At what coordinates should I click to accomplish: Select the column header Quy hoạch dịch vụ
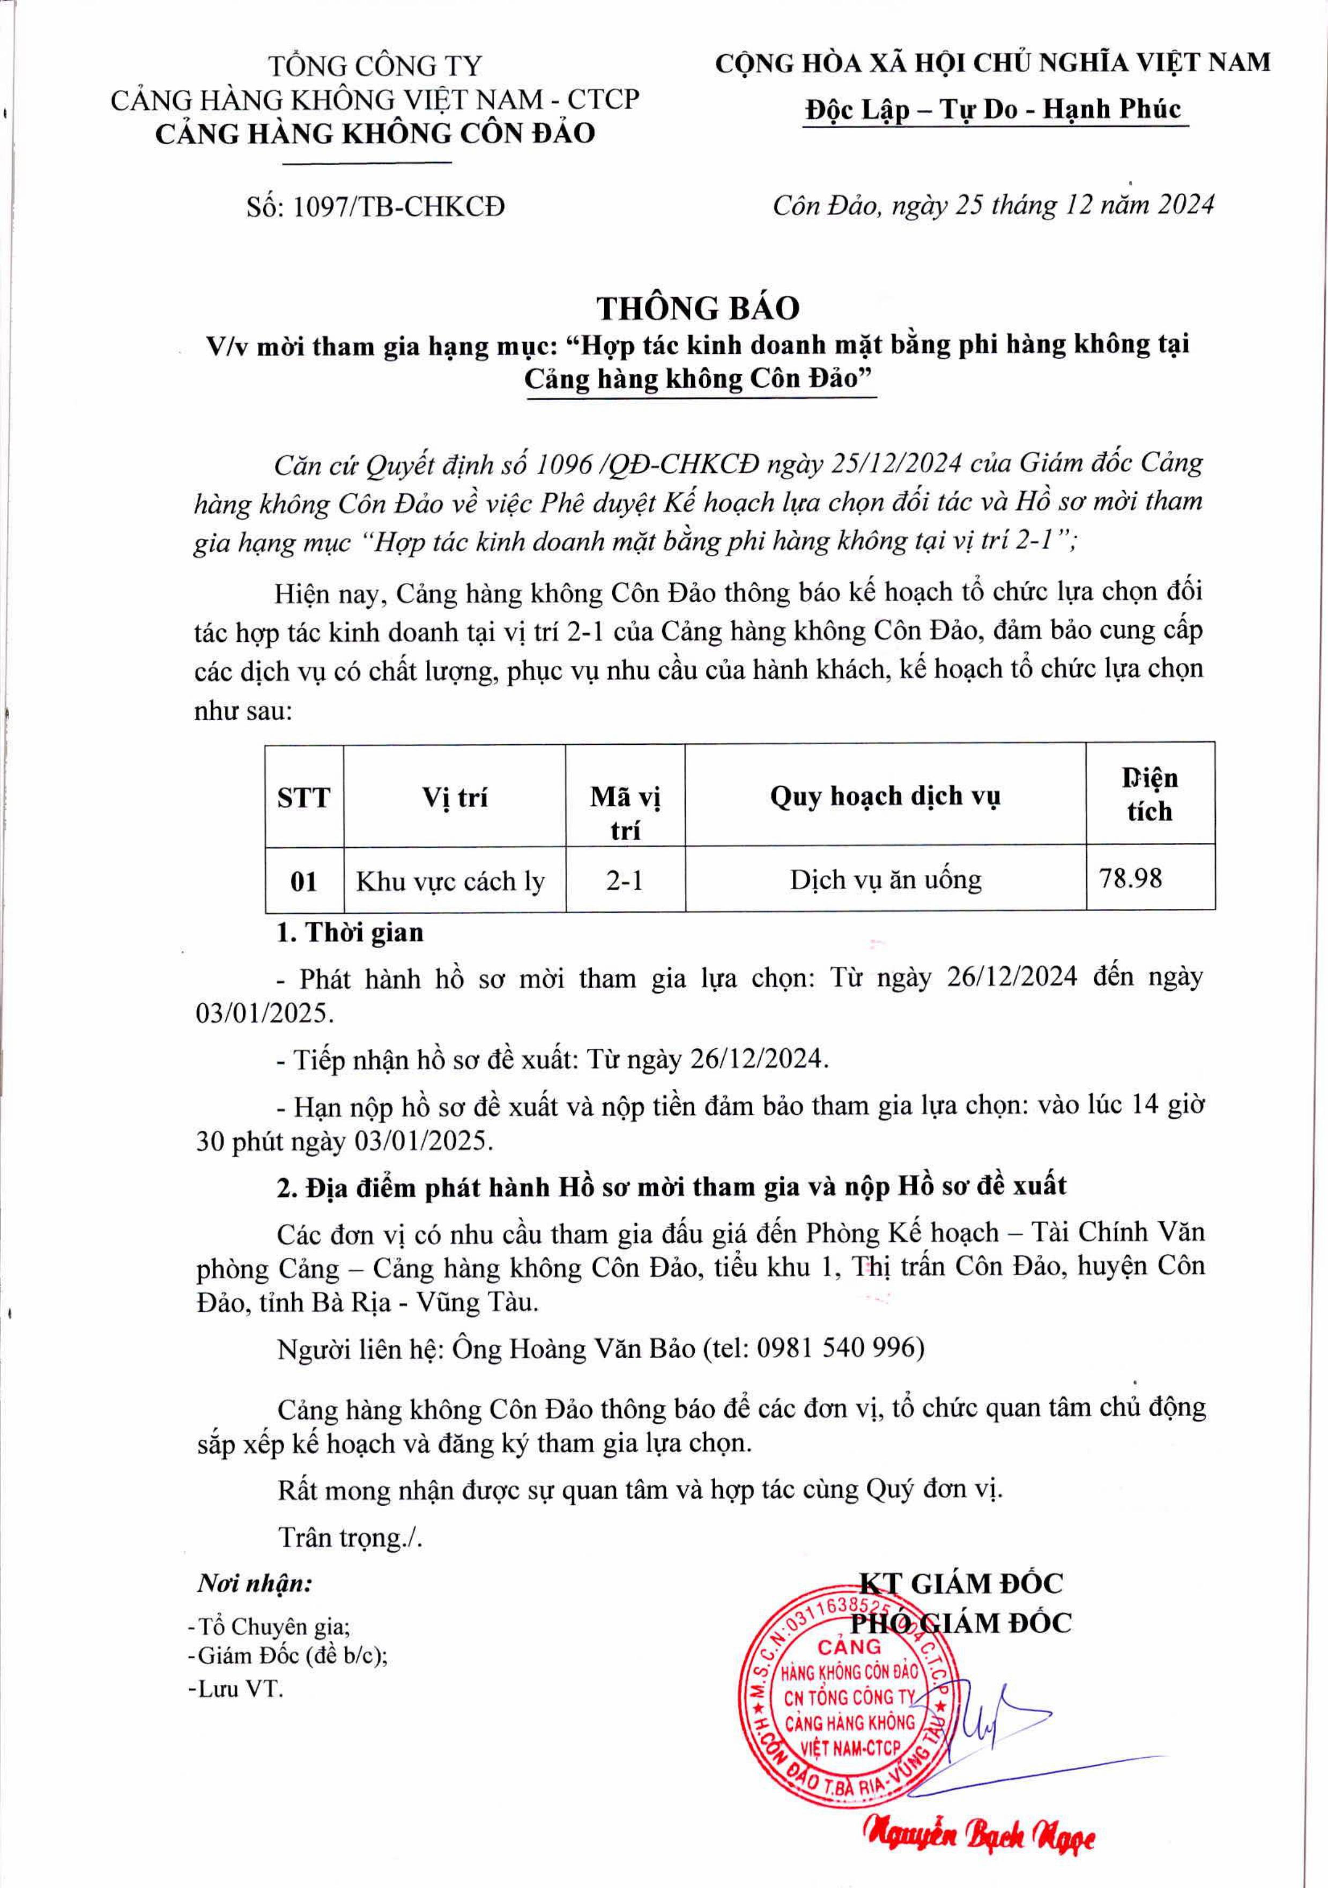pos(885,795)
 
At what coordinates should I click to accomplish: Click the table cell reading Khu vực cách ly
pos(450,880)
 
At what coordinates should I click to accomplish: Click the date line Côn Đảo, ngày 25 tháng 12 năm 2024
pos(992,204)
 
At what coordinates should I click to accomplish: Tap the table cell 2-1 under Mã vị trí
pos(625,880)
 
